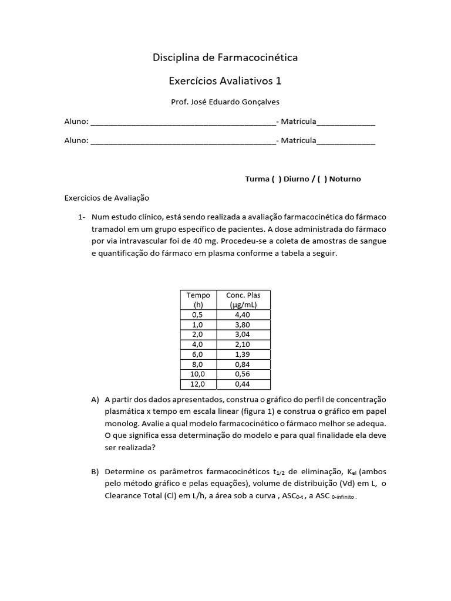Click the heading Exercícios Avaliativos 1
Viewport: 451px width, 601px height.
click(225, 80)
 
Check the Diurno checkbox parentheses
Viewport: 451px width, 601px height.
click(276, 179)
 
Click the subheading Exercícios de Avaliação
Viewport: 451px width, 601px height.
click(107, 198)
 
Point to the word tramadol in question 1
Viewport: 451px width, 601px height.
click(110, 228)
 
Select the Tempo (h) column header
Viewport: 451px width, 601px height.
click(198, 299)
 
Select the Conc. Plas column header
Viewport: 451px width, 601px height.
click(243, 299)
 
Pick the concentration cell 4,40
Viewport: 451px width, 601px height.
click(243, 315)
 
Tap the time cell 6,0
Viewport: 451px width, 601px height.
click(198, 353)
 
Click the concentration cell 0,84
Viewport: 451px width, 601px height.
click(243, 363)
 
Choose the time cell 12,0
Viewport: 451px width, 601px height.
click(198, 384)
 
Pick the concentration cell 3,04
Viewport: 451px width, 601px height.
click(243, 334)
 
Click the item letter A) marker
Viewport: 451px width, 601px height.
click(95, 400)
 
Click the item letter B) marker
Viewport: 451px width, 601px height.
click(95, 471)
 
